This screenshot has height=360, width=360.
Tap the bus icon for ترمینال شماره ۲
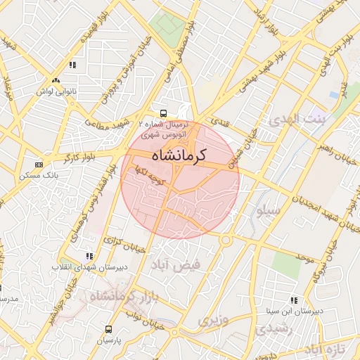point(163,112)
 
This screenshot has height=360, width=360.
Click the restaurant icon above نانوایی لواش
point(72,65)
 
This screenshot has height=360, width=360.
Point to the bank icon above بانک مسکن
point(38,165)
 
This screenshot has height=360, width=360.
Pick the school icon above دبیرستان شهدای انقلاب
point(89,257)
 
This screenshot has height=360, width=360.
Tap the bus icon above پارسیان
point(108,329)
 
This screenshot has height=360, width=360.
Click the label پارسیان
point(108,340)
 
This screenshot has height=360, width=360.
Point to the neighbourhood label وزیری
point(212,321)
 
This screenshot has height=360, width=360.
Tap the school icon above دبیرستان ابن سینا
point(294,300)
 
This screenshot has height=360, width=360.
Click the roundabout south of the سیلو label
point(226,240)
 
